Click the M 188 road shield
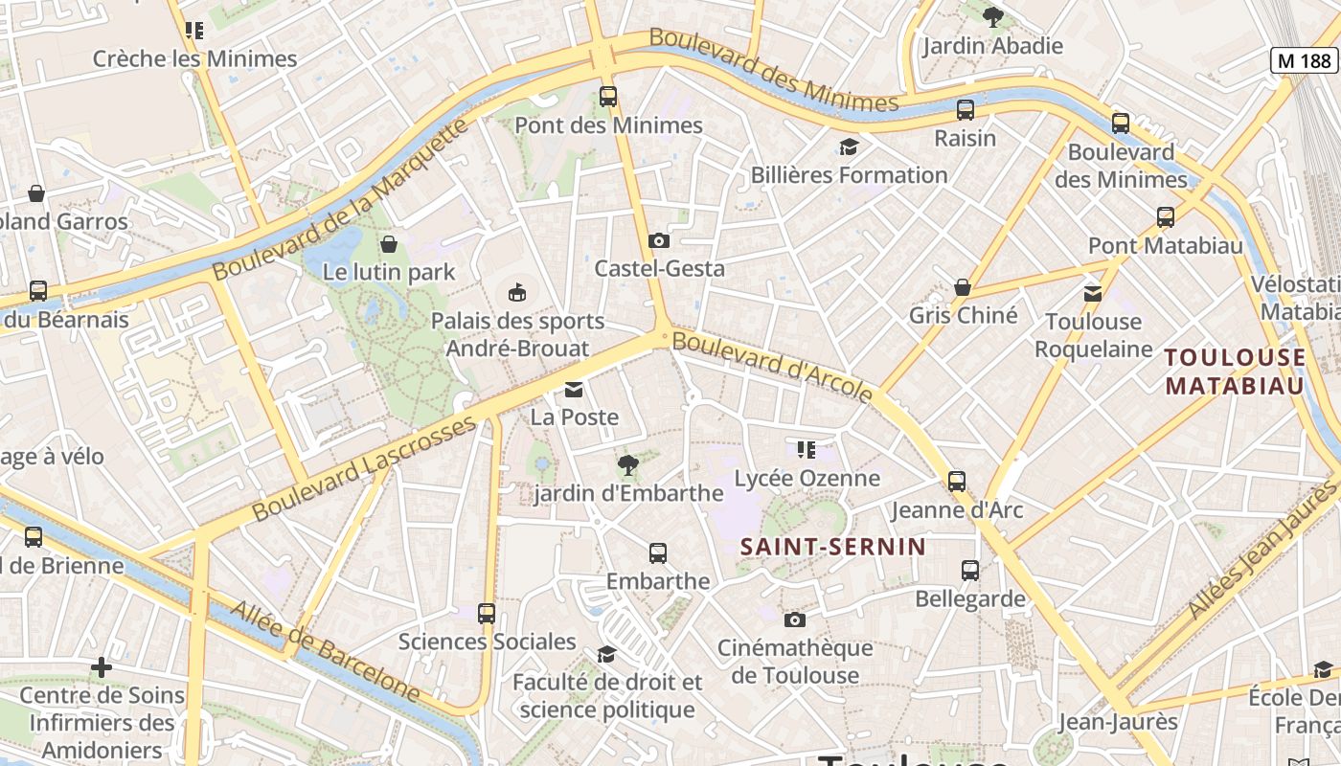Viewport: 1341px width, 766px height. pyautogui.click(x=1305, y=60)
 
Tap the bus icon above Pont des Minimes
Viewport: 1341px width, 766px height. pyautogui.click(x=608, y=96)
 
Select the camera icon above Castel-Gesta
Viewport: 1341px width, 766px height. pyautogui.click(x=659, y=240)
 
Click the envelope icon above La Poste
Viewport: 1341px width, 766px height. pyautogui.click(x=574, y=389)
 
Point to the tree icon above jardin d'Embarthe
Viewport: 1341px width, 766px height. pyautogui.click(x=628, y=465)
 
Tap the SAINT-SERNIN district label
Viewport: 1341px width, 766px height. pyautogui.click(x=833, y=547)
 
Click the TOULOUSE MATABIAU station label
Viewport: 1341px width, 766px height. pyautogui.click(x=1234, y=372)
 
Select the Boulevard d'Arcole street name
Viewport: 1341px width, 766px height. pyautogui.click(x=772, y=366)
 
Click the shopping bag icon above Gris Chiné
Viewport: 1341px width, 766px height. pyautogui.click(x=963, y=287)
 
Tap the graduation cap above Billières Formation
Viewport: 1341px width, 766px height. pyautogui.click(x=849, y=146)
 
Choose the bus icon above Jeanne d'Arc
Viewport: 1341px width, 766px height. pyautogui.click(x=956, y=481)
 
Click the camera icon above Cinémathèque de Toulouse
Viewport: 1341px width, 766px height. pyautogui.click(x=794, y=620)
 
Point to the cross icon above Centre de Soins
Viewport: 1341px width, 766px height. pyautogui.click(x=102, y=666)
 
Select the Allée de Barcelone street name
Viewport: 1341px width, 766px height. pyautogui.click(x=326, y=651)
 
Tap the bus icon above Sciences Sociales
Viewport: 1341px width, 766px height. pyautogui.click(x=487, y=613)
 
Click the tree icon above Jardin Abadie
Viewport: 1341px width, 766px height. pyautogui.click(x=992, y=16)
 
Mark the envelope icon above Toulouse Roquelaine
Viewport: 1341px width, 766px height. pyautogui.click(x=1093, y=293)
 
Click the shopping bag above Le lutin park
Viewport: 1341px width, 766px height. pyautogui.click(x=389, y=244)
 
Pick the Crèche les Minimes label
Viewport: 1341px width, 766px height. pyautogui.click(x=194, y=58)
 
